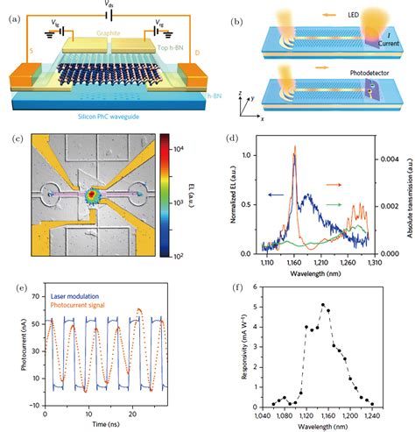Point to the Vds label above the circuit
(107, 5)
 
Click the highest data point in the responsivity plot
(323, 305)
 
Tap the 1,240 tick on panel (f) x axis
(372, 414)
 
